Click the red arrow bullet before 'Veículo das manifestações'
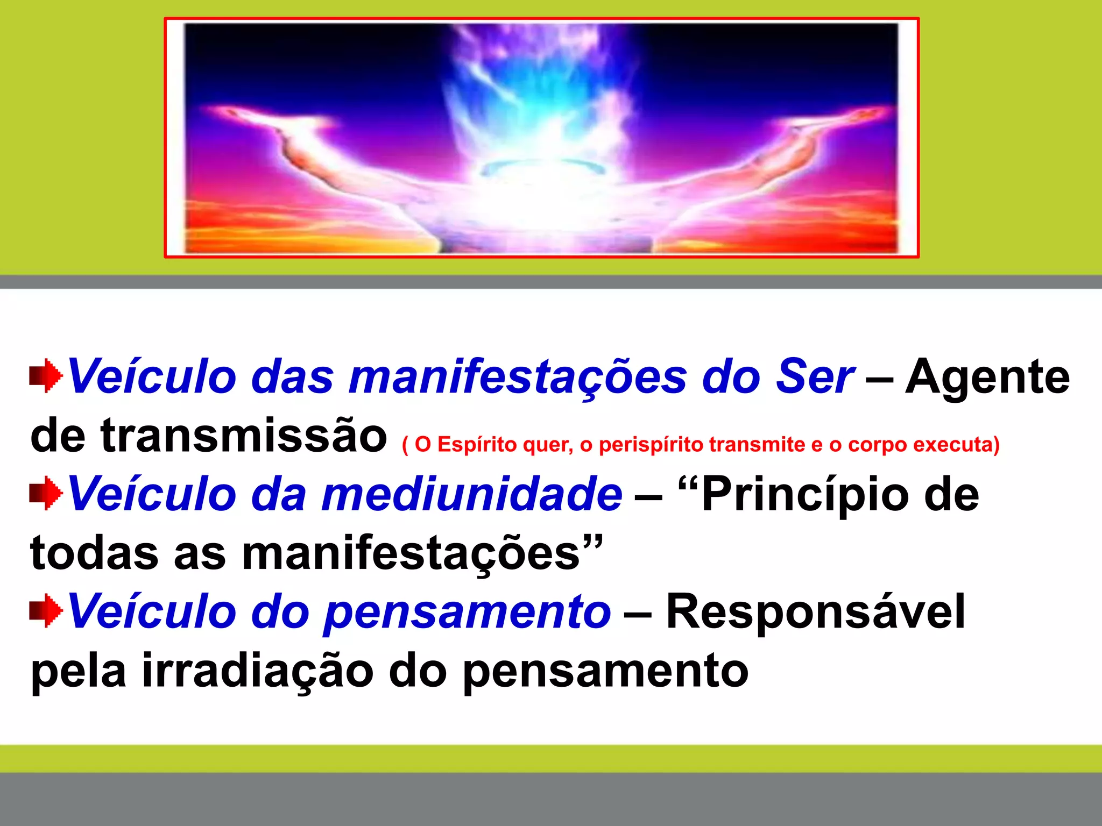click(46, 376)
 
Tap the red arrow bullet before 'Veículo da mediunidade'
click(46, 493)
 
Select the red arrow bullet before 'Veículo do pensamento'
click(46, 611)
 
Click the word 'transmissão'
click(243, 435)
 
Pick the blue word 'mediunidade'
click(471, 494)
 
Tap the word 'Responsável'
click(816, 612)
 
